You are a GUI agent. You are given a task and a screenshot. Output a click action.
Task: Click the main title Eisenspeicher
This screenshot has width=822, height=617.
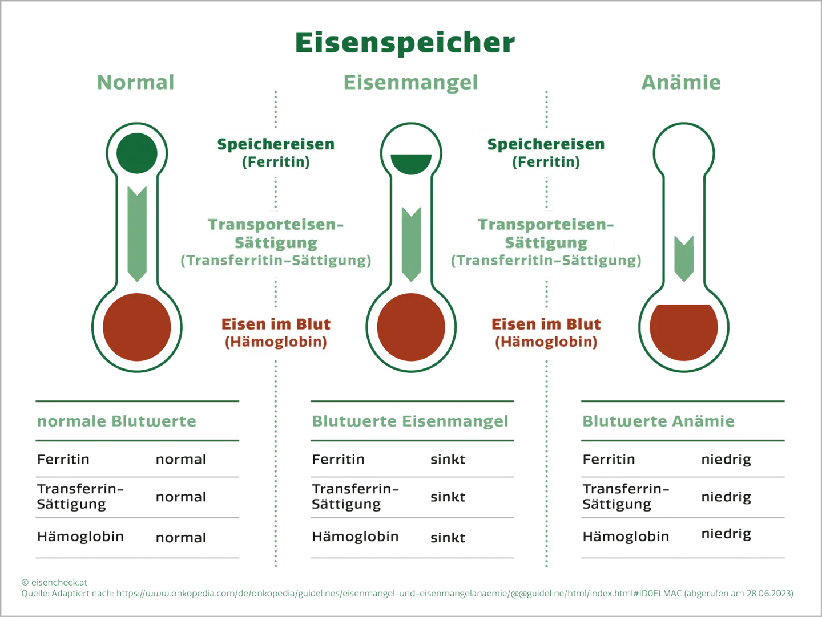[x=405, y=43]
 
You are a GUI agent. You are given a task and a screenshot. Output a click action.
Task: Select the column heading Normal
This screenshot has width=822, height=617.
[x=135, y=82]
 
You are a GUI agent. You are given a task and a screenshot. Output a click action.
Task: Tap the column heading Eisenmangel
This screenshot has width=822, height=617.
[x=411, y=83]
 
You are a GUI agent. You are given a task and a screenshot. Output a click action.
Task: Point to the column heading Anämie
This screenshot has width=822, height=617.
[x=681, y=82]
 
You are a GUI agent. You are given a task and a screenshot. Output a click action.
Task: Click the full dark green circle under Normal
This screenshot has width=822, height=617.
[x=136, y=153]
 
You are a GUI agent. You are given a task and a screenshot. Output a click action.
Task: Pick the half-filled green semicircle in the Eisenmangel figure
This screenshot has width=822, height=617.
[x=411, y=164]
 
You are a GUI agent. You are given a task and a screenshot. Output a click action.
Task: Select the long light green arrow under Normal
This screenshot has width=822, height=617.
[x=137, y=234]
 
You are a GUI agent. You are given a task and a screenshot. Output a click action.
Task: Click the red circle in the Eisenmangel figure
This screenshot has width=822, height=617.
[x=411, y=327]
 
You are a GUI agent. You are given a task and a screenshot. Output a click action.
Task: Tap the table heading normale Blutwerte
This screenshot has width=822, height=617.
[x=116, y=421]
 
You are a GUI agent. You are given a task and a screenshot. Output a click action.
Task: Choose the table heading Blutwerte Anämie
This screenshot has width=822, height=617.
[x=658, y=421]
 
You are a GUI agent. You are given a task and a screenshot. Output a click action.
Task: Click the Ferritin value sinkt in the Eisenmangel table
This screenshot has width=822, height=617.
[x=448, y=459]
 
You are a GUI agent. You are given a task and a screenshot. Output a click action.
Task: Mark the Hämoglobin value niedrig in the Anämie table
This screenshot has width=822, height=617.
[x=726, y=534]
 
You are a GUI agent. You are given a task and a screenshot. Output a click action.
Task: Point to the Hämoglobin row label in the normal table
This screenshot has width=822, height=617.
[x=80, y=537]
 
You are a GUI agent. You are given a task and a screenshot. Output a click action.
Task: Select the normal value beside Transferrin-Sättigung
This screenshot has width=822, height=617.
[x=181, y=497]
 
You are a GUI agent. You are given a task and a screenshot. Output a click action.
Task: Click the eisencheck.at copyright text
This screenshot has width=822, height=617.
[x=54, y=582]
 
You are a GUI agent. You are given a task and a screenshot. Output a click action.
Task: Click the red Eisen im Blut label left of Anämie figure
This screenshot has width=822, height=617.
[x=546, y=324]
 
